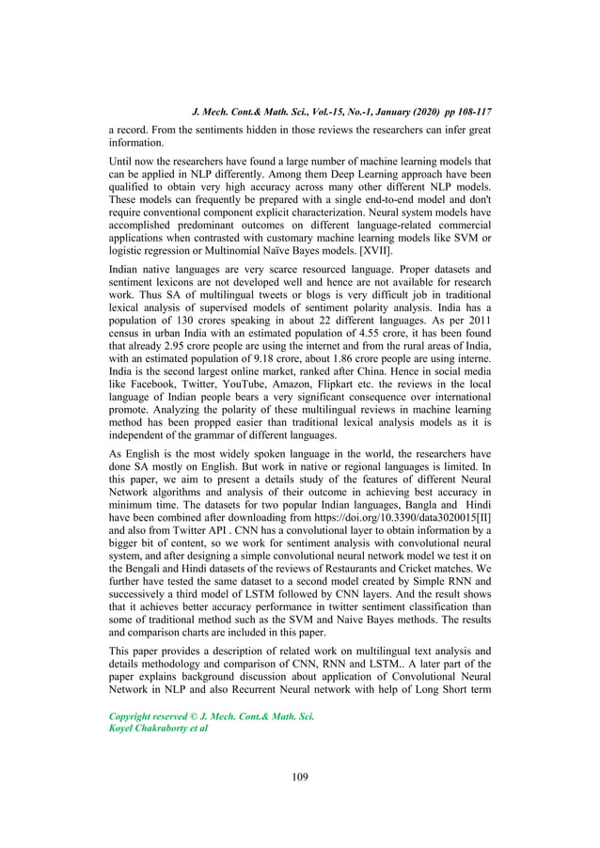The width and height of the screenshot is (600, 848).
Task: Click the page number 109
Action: (299, 777)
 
